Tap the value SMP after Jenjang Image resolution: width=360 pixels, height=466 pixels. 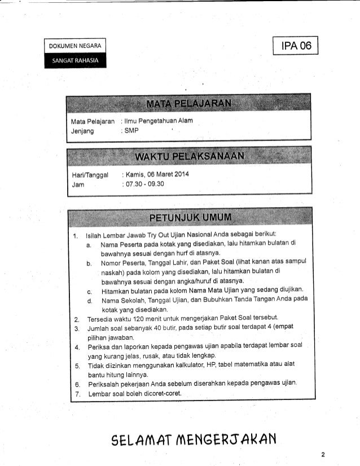pos(131,130)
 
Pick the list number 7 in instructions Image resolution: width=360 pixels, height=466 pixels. pos(76,393)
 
